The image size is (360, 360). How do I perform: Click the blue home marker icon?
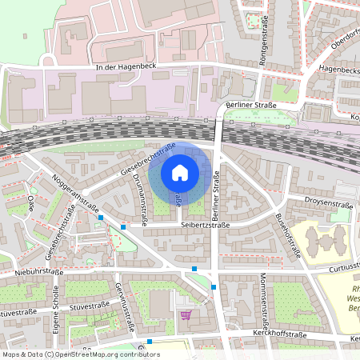coord(180,173)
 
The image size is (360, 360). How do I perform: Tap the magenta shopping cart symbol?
coord(186,314)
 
